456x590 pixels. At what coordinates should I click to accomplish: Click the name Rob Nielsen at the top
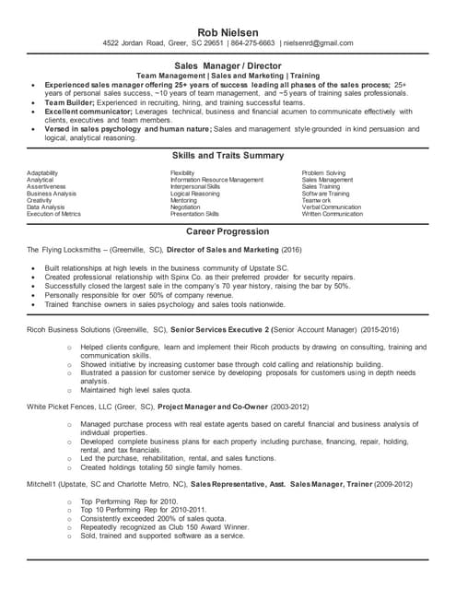click(228, 31)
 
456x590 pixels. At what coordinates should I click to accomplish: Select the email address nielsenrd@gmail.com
click(318, 43)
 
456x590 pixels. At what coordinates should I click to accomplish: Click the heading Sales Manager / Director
click(228, 66)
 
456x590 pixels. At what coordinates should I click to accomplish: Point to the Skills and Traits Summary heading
click(228, 156)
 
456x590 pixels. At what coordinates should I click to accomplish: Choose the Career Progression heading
click(228, 231)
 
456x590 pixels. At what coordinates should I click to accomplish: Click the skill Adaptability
click(42, 173)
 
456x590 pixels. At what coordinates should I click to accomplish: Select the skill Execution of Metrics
click(53, 214)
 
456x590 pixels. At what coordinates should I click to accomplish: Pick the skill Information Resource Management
click(216, 180)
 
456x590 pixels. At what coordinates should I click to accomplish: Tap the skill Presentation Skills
click(195, 214)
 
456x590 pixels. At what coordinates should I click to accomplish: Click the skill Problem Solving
click(323, 173)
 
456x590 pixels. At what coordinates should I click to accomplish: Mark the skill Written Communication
click(332, 214)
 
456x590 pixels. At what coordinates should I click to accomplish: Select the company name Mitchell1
click(42, 483)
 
